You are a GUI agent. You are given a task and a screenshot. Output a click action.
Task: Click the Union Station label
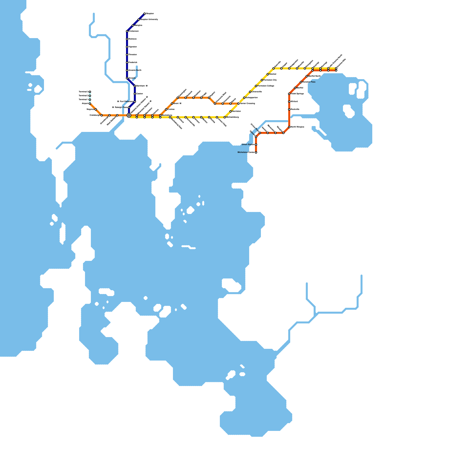coord(248,145)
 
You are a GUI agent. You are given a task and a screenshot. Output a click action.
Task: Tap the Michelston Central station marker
coord(256,152)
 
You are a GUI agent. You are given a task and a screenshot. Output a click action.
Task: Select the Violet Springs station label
coord(297,94)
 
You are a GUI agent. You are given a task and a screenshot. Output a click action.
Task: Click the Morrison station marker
coord(231,111)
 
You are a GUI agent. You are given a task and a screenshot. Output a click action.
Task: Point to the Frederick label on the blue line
coord(133,62)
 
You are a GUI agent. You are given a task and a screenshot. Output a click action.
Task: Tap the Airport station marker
coord(90,103)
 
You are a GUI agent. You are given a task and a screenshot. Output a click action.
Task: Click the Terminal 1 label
coord(84,100)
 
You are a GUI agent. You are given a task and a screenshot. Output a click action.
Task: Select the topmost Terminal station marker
coord(90,92)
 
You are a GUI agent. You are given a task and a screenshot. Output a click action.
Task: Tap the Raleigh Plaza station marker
coord(129,108)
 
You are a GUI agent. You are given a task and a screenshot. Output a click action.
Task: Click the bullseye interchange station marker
coord(129,115)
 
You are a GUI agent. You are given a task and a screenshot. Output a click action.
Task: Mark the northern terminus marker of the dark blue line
coord(145,14)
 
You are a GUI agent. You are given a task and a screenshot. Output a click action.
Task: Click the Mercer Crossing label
coord(247,103)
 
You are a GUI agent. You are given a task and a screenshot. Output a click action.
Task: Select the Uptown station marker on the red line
coord(256,137)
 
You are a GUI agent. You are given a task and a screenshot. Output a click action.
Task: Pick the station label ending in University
coord(149,20)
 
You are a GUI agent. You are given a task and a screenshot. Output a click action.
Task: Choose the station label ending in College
coord(266,86)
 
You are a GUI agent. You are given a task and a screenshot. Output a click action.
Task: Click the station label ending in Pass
coord(309,82)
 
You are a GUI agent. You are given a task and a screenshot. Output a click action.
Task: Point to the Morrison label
coord(237,111)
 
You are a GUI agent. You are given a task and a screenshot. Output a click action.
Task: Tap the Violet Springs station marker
coord(289,94)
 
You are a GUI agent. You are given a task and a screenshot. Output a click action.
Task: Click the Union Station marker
coord(256,145)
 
